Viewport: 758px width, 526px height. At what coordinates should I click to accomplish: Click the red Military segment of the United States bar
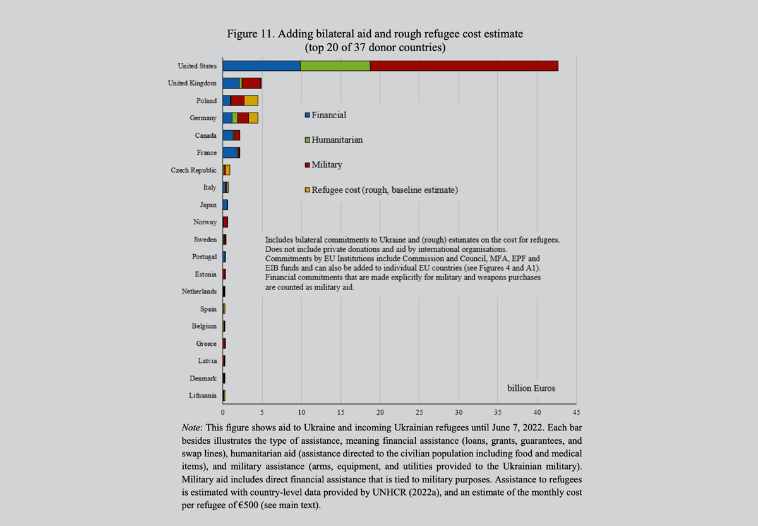464,66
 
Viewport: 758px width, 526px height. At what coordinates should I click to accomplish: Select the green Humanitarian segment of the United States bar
335,66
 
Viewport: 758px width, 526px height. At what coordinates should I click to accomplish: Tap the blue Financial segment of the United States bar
262,66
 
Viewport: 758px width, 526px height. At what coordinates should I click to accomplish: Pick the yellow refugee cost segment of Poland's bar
251,101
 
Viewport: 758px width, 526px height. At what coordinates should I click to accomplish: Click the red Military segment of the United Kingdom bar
251,83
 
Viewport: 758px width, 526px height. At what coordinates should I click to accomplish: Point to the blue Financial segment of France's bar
230,152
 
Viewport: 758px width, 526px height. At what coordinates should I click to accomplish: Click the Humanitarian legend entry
337,140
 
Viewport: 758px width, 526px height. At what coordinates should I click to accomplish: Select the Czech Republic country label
194,170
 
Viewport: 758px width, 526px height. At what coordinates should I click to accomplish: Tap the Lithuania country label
202,396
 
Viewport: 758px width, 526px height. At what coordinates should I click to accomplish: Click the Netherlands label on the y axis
199,291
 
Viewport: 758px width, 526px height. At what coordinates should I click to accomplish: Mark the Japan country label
208,205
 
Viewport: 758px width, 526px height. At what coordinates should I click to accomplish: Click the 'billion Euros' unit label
531,388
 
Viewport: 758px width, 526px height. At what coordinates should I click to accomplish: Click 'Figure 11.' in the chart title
252,34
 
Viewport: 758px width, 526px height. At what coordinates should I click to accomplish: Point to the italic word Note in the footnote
191,428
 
